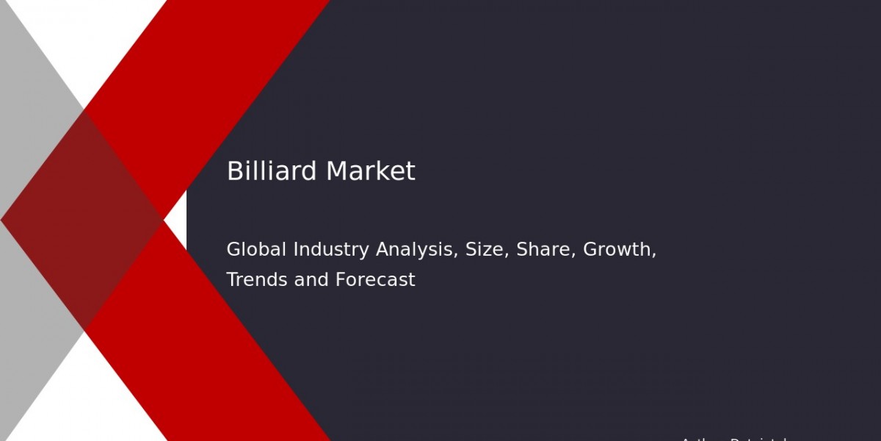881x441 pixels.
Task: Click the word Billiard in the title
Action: coord(272,171)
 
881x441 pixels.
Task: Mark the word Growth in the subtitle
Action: coord(619,250)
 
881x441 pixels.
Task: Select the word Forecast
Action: coord(375,280)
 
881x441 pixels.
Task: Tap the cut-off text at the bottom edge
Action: coord(734,439)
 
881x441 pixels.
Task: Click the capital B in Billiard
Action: coord(233,171)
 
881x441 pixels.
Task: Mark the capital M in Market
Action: coord(336,171)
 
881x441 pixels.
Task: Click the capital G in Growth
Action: coord(590,250)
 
